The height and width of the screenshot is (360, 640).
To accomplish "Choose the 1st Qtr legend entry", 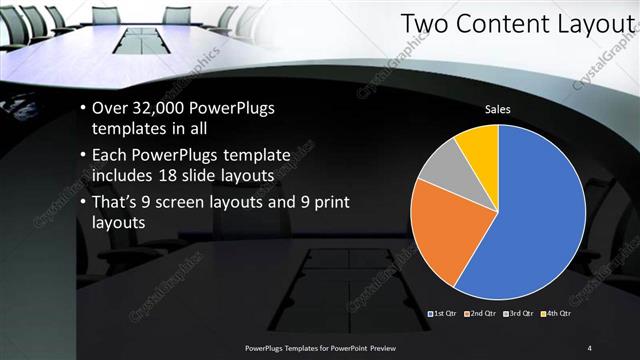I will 443,314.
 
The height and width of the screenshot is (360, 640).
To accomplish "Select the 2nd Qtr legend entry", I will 482,314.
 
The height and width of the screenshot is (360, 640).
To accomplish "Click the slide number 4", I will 590,347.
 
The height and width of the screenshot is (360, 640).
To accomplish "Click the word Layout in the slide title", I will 591,23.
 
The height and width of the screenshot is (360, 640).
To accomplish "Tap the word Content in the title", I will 498,23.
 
